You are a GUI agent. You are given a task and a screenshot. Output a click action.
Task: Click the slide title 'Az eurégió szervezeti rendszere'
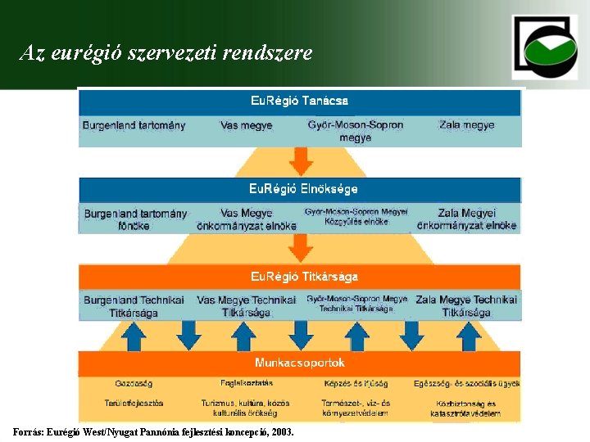[166, 54]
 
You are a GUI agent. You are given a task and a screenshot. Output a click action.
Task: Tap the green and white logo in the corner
[545, 47]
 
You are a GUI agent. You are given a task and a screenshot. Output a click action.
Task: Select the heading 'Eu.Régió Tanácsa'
[299, 101]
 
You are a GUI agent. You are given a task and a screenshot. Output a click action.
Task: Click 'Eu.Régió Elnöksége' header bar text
[303, 189]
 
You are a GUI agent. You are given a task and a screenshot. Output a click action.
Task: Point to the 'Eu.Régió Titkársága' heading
[304, 277]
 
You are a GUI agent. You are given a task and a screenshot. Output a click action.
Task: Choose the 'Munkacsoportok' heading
[300, 363]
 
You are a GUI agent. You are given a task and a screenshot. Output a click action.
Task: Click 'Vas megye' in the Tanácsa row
[246, 126]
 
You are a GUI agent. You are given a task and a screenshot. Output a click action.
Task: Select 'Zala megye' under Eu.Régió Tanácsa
[466, 126]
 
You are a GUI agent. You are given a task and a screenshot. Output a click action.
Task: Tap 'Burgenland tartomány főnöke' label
[135, 219]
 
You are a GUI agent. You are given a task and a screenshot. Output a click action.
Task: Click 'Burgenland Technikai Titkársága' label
[134, 306]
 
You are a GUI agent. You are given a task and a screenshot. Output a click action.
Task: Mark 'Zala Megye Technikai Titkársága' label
[466, 306]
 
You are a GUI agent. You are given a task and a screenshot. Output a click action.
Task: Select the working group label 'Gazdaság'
[134, 383]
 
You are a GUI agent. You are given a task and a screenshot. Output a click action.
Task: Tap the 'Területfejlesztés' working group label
[134, 404]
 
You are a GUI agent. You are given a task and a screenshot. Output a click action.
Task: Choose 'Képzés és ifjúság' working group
[356, 383]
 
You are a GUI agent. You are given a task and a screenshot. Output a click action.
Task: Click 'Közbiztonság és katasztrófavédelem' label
[465, 408]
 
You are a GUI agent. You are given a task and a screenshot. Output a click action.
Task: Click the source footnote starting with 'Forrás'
[153, 431]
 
